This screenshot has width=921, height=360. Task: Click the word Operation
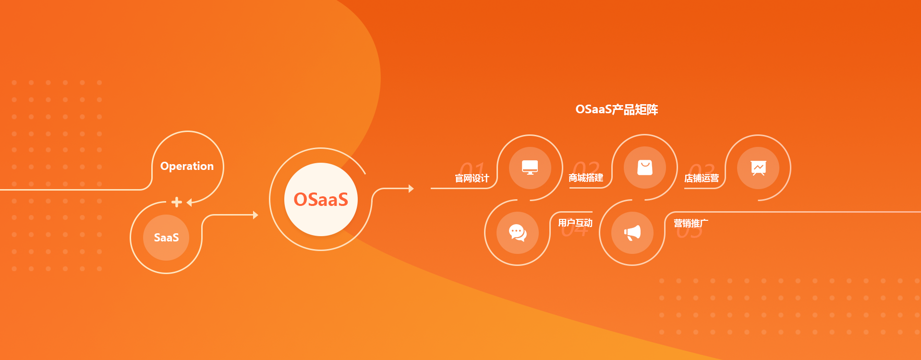[x=187, y=166]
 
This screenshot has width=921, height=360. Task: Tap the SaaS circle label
[x=166, y=237]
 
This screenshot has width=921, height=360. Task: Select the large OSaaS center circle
[x=321, y=199]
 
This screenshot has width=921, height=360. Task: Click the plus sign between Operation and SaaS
[x=177, y=202]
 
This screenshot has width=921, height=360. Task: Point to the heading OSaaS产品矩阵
[x=617, y=109]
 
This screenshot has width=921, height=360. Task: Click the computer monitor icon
[x=530, y=168]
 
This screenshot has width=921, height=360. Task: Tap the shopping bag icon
[x=644, y=168]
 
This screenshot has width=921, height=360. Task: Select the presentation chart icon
[x=758, y=168]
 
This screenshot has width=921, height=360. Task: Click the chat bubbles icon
[x=518, y=233]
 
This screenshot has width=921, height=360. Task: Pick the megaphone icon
[x=632, y=233]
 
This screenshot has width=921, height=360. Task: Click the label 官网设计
[x=472, y=179]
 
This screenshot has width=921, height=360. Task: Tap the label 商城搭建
[x=586, y=178]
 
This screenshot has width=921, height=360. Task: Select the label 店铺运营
[x=701, y=179]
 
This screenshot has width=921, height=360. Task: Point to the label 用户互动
[x=575, y=223]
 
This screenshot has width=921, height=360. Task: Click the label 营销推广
[x=691, y=223]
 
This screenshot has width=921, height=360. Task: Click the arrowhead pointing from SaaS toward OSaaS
[x=255, y=215]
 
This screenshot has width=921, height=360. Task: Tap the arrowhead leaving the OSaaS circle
[x=411, y=189]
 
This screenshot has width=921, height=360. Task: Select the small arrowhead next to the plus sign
[x=189, y=203]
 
